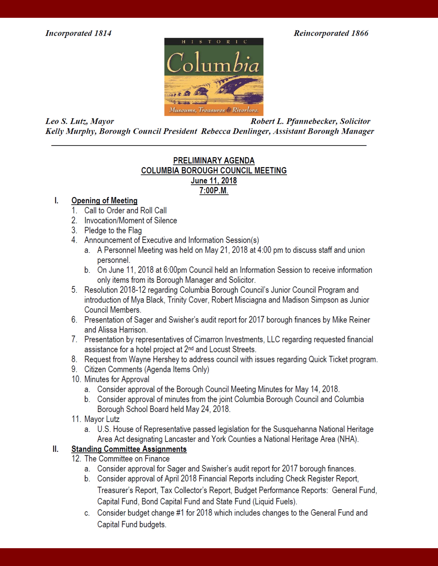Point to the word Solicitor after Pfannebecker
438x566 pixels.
(x=355, y=121)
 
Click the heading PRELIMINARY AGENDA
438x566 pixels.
(x=214, y=161)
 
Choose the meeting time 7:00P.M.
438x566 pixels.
(x=214, y=191)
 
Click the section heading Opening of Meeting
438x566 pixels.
(x=104, y=201)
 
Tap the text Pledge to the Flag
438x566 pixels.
(x=113, y=230)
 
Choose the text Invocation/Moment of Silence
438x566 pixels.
(x=130, y=220)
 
